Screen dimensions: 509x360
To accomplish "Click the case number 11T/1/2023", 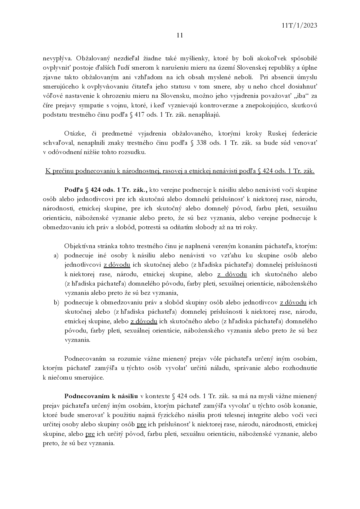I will pyautogui.click(x=299, y=26).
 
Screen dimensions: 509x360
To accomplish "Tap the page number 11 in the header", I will pyautogui.click(x=180, y=35).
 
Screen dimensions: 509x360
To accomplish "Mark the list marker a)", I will pyautogui.click(x=56, y=256).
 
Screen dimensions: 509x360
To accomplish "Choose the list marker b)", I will pyautogui.click(x=56, y=302).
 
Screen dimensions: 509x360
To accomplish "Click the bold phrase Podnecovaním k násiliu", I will pyautogui.click(x=101, y=396).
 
